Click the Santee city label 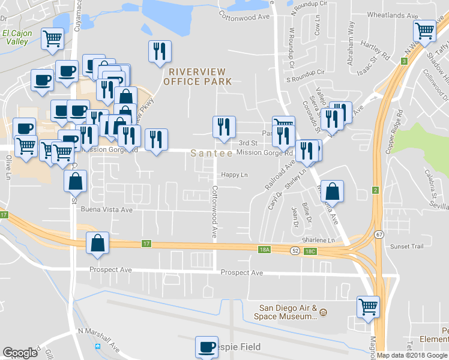pyautogui.click(x=212, y=154)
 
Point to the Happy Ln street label pyautogui.click(x=234, y=175)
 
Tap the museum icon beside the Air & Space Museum pyautogui.click(x=323, y=313)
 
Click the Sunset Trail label pyautogui.click(x=407, y=246)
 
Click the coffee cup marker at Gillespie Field pyautogui.click(x=206, y=347)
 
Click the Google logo pyautogui.click(x=20, y=353)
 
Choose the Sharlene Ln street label pyautogui.click(x=318, y=240)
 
